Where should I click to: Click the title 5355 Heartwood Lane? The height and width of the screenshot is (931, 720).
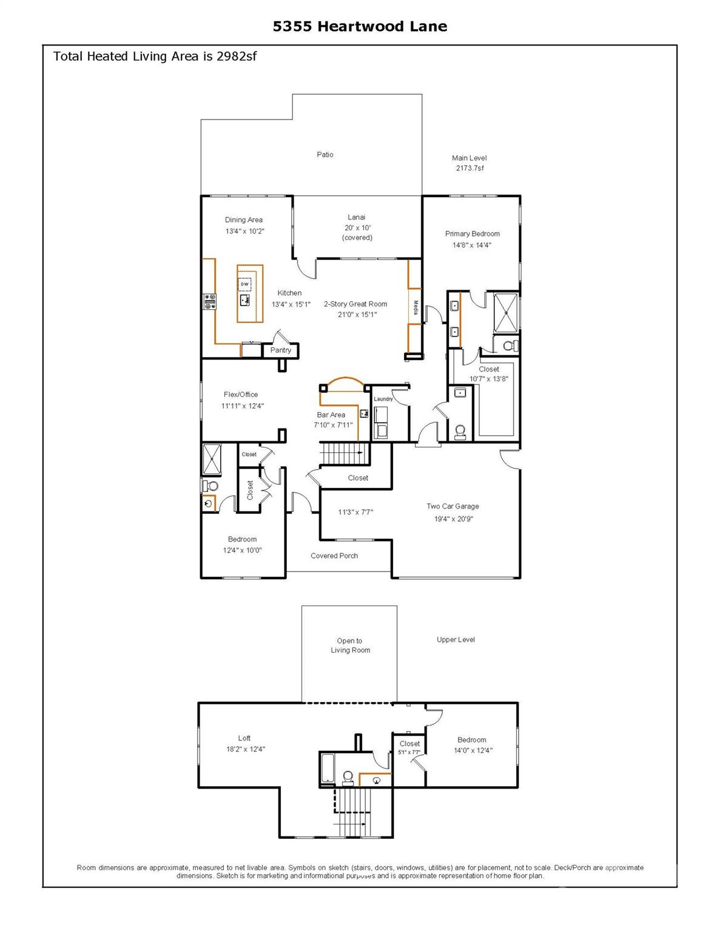(x=360, y=27)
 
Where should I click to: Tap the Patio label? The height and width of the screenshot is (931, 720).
(x=325, y=155)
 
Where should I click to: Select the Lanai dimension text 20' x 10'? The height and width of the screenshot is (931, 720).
(x=357, y=228)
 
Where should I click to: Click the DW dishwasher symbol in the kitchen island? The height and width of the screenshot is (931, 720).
(x=244, y=284)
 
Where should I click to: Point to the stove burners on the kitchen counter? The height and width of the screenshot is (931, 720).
(x=210, y=301)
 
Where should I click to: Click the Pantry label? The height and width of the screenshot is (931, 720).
(x=280, y=350)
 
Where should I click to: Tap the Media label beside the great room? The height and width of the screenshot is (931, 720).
(x=416, y=307)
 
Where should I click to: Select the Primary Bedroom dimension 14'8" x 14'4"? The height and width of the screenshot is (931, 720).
(x=472, y=245)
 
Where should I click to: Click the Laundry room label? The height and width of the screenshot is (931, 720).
(x=383, y=399)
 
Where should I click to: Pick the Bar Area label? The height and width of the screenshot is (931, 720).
(x=331, y=415)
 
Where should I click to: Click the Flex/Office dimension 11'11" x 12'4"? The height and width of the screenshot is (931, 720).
(x=243, y=405)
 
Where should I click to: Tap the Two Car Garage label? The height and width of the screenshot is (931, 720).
(x=453, y=506)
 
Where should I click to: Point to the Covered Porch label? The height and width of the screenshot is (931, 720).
(x=334, y=556)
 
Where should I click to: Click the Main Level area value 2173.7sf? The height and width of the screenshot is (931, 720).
(x=469, y=168)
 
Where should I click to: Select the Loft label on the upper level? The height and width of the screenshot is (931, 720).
(x=244, y=738)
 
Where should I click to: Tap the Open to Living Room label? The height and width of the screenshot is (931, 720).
(x=350, y=646)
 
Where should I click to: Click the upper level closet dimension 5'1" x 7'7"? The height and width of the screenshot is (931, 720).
(x=409, y=752)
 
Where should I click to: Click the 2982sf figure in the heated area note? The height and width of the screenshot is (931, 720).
(x=237, y=56)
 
